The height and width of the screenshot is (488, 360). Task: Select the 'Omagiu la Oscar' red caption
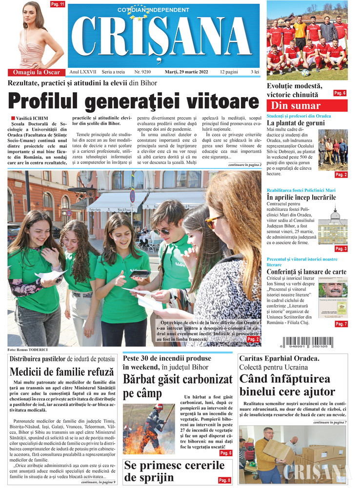36,72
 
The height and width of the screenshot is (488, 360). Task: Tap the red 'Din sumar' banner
307,105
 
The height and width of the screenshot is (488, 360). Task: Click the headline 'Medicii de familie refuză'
61,372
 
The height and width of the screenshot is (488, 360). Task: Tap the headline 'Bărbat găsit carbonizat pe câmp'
178,386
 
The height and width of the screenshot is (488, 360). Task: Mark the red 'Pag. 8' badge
224,480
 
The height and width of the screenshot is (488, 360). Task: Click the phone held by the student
141,274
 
